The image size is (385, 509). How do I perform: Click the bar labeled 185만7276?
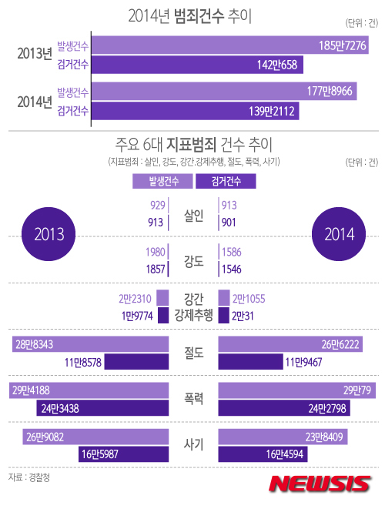[x=231, y=47]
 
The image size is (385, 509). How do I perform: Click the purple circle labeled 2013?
[x=49, y=233]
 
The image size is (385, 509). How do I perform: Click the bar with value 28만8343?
[x=88, y=343]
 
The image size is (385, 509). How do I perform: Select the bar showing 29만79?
[x=296, y=390]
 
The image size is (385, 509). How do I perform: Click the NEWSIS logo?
[x=320, y=484]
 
